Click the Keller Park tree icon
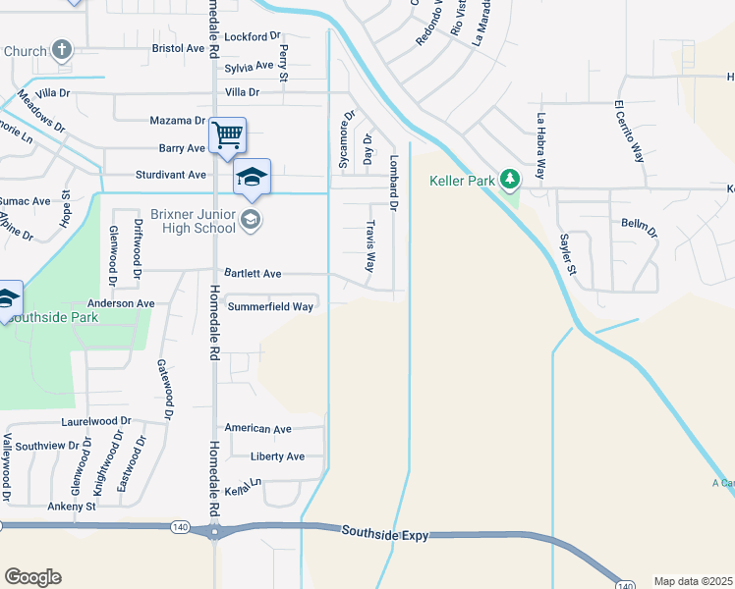[x=509, y=180]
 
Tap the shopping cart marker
[x=228, y=134]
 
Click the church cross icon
[x=62, y=50]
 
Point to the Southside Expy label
[x=385, y=532]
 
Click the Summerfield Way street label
[x=270, y=306]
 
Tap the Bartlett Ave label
[x=253, y=273]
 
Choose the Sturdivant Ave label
[x=170, y=175]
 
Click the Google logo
[x=32, y=576]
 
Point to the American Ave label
[x=257, y=429]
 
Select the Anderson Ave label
[x=121, y=304]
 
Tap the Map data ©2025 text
[x=693, y=581]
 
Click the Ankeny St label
[x=72, y=507]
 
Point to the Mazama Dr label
[x=176, y=121]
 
